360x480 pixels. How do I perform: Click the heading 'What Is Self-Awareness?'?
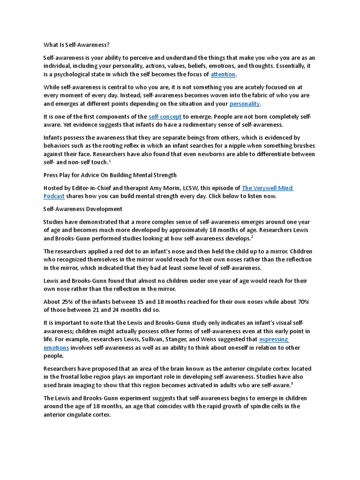point(76,45)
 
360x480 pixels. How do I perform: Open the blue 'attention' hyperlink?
point(223,75)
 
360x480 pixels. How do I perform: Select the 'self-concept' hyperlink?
point(165,116)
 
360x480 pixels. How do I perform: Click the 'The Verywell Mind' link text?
point(268,188)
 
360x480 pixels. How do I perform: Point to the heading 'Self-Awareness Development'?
point(83,209)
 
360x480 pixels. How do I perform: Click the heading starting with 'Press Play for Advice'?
point(110,175)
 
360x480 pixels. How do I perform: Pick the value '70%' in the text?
point(302,301)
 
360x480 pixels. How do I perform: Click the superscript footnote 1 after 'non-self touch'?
point(110,161)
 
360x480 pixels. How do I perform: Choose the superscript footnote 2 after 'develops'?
point(265,237)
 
